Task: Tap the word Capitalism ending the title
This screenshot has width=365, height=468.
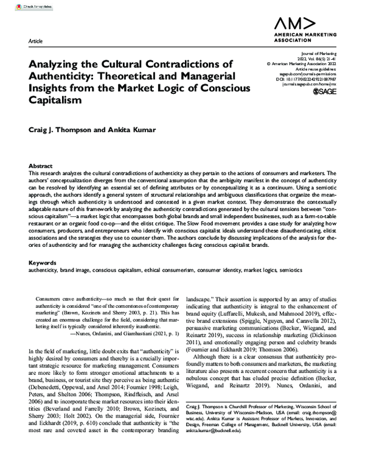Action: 55,101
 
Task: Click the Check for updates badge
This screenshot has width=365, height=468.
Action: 18,5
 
